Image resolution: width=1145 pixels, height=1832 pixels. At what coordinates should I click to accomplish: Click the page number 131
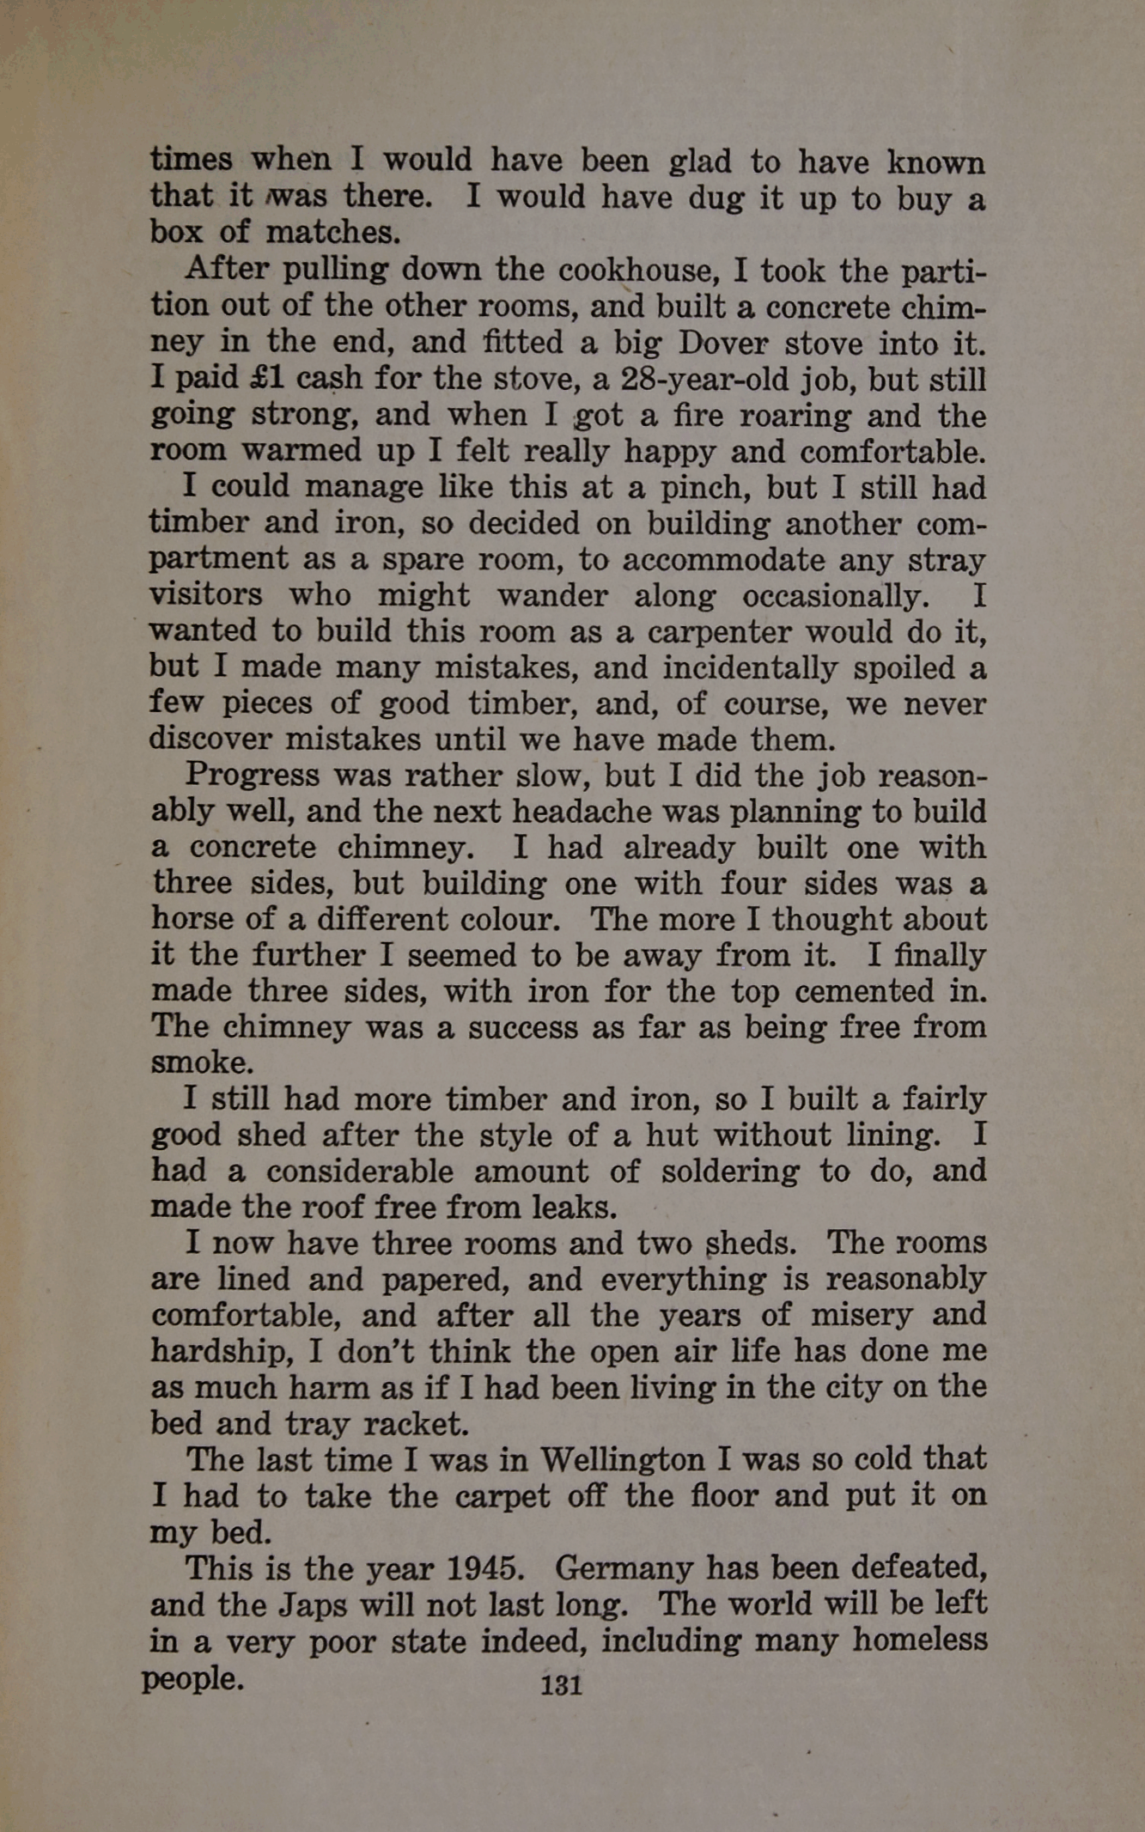point(561,1684)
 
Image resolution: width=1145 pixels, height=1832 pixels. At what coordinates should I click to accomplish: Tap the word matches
point(333,233)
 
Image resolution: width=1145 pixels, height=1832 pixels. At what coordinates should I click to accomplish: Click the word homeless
point(918,1640)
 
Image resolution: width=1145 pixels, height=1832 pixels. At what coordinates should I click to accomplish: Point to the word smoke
point(201,1063)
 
